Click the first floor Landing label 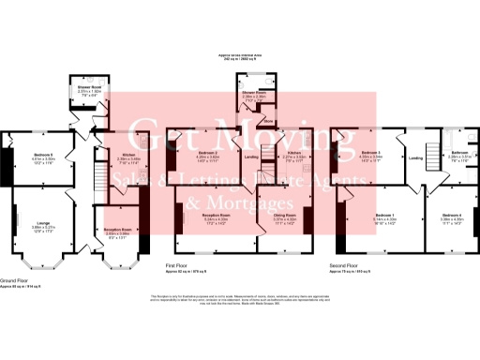(251, 157)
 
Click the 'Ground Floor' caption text (14, 278)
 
